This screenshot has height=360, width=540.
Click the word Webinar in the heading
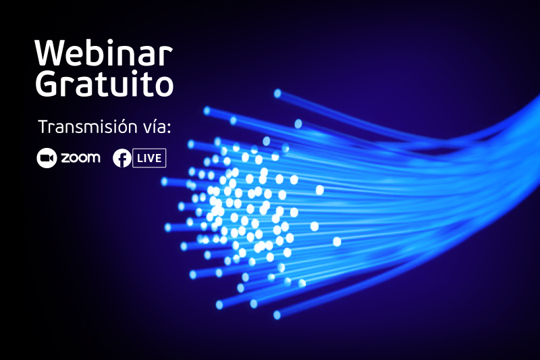coord(103,53)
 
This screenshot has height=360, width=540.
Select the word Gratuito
coord(105,84)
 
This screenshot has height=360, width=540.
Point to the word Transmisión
coord(88,127)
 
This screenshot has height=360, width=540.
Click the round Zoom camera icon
coord(47,158)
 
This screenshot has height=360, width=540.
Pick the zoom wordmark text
coord(80,158)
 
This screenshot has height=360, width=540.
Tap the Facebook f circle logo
coord(122,158)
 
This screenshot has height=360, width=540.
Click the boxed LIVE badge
coord(149,158)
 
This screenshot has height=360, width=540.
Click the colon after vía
coord(169,129)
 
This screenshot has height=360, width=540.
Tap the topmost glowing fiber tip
coord(277,93)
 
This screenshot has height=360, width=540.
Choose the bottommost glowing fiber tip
coord(277,315)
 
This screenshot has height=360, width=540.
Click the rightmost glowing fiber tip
coord(337,242)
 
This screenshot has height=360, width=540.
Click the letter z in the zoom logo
coord(65,158)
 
